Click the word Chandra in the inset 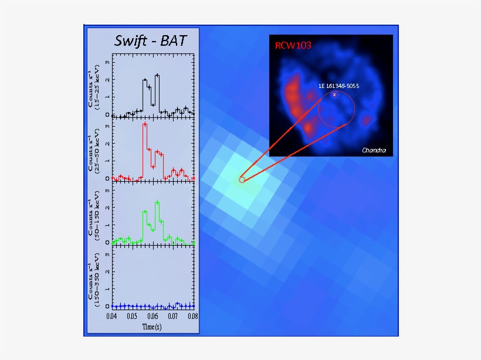(374, 151)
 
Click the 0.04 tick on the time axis (112, 316)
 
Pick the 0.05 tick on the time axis (132, 316)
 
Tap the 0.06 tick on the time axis (153, 316)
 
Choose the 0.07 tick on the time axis (172, 316)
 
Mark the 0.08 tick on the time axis (192, 316)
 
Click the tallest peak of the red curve (144, 124)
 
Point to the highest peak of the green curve (157, 202)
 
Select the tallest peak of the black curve (157, 75)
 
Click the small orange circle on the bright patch (242, 179)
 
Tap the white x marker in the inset (334, 94)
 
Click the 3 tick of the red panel (107, 125)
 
